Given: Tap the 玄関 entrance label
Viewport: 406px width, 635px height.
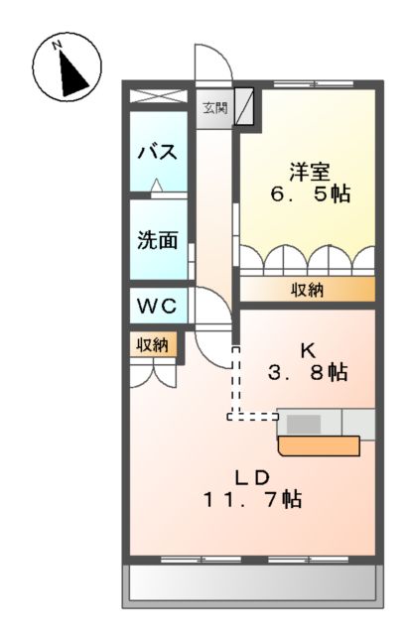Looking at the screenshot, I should point(213,107).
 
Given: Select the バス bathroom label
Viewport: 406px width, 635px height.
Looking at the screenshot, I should point(157,152).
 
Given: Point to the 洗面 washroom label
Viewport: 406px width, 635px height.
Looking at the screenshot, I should point(157,239).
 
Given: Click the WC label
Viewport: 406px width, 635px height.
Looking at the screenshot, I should point(157,307).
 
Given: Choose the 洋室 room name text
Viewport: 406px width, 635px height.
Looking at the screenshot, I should point(307,169).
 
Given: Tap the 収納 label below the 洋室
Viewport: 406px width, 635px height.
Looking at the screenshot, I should point(307,290).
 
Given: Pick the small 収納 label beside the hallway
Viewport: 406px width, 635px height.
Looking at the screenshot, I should point(152,344).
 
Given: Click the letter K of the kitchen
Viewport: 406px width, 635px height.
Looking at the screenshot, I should point(308,349).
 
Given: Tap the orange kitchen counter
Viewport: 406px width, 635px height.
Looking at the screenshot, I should point(318,445).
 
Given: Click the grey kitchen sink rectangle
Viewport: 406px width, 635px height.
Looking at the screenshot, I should point(304,424).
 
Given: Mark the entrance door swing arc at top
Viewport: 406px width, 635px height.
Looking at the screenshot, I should point(212,67).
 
